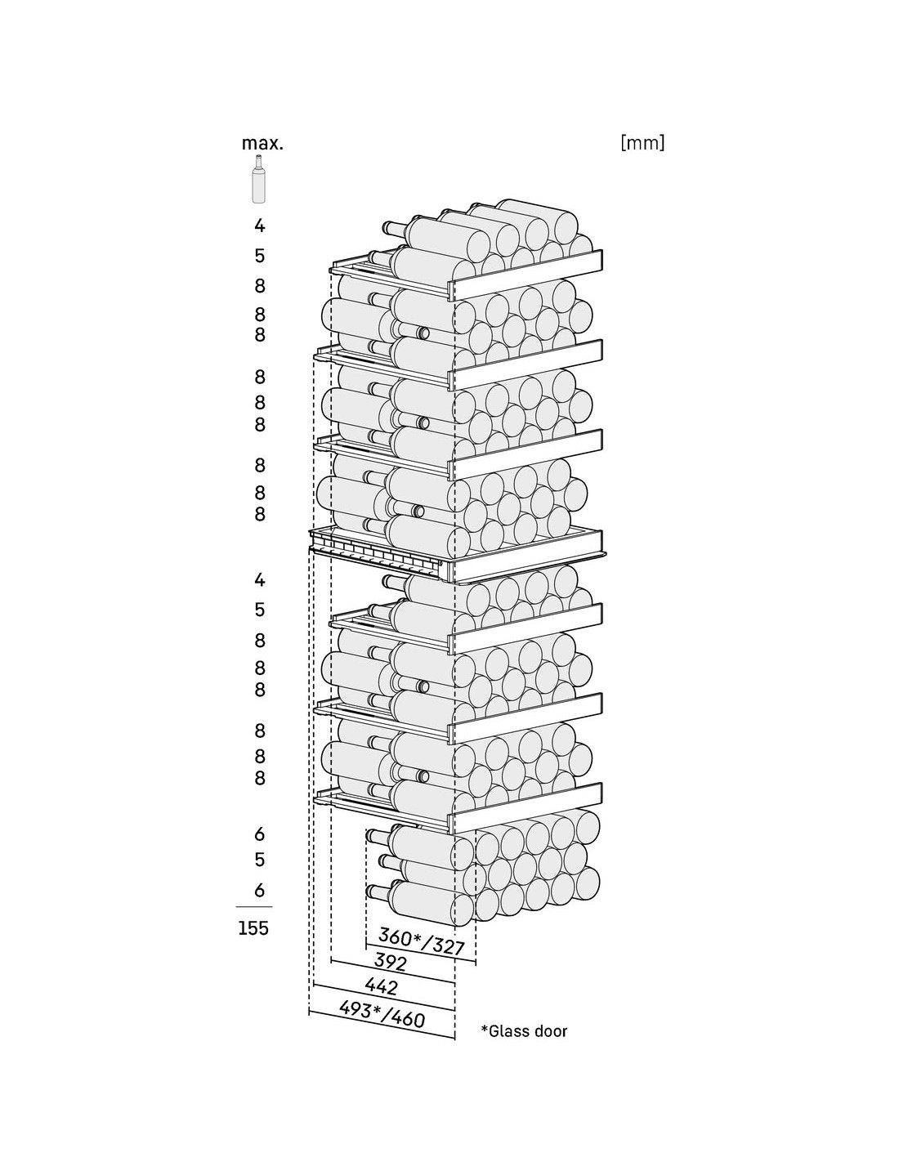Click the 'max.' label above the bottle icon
coord(262,143)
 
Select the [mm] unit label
coord(642,143)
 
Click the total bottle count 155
coord(253,927)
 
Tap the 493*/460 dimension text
coord(382,1014)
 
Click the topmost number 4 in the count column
coord(259,226)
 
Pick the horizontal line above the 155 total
coord(254,907)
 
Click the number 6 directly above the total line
coord(259,891)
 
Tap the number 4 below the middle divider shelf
coord(259,579)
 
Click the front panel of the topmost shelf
coord(529,275)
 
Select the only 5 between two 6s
coord(259,860)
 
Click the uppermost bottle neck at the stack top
coord(394,228)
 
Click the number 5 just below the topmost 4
coord(259,256)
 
